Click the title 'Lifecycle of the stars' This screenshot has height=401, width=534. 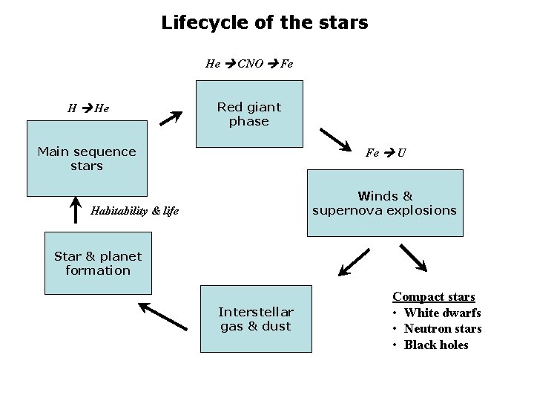(265, 23)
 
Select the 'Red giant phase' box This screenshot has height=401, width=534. (249, 114)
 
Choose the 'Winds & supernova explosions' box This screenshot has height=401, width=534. (384, 203)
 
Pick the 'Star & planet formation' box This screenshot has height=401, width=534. (97, 264)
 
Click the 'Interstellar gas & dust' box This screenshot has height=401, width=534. (255, 319)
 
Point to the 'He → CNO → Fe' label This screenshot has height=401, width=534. (249, 64)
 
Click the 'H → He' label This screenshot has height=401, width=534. (88, 108)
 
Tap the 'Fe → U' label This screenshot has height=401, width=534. (386, 154)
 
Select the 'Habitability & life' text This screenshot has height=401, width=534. (134, 211)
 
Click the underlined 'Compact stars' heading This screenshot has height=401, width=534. (434, 297)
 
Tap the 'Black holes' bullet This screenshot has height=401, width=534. (436, 345)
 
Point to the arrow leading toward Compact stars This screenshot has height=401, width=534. (413, 257)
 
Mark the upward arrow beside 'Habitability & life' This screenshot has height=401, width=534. (75, 209)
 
